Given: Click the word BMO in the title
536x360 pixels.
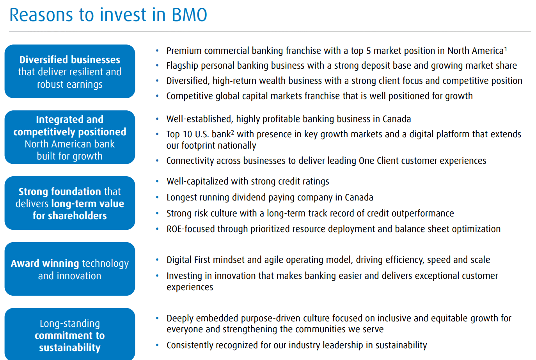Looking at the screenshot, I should tap(189, 15).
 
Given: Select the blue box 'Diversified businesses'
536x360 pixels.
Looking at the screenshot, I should tap(70, 71).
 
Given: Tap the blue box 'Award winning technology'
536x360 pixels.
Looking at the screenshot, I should tap(70, 269).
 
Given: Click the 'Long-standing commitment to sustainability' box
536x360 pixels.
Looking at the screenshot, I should tap(70, 335).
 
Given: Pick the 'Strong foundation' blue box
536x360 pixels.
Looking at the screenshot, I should tap(70, 203).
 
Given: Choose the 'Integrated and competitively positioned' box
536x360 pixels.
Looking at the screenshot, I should tap(70, 137).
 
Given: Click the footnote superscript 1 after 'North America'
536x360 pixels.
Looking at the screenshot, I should tap(506, 49).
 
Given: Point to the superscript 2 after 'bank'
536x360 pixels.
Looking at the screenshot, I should tap(233, 132).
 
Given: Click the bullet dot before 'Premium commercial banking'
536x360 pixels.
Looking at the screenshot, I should tap(157, 51).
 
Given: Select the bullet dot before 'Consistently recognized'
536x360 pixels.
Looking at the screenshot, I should tap(157, 345).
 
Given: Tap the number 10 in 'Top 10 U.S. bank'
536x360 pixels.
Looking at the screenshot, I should tap(187, 134).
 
